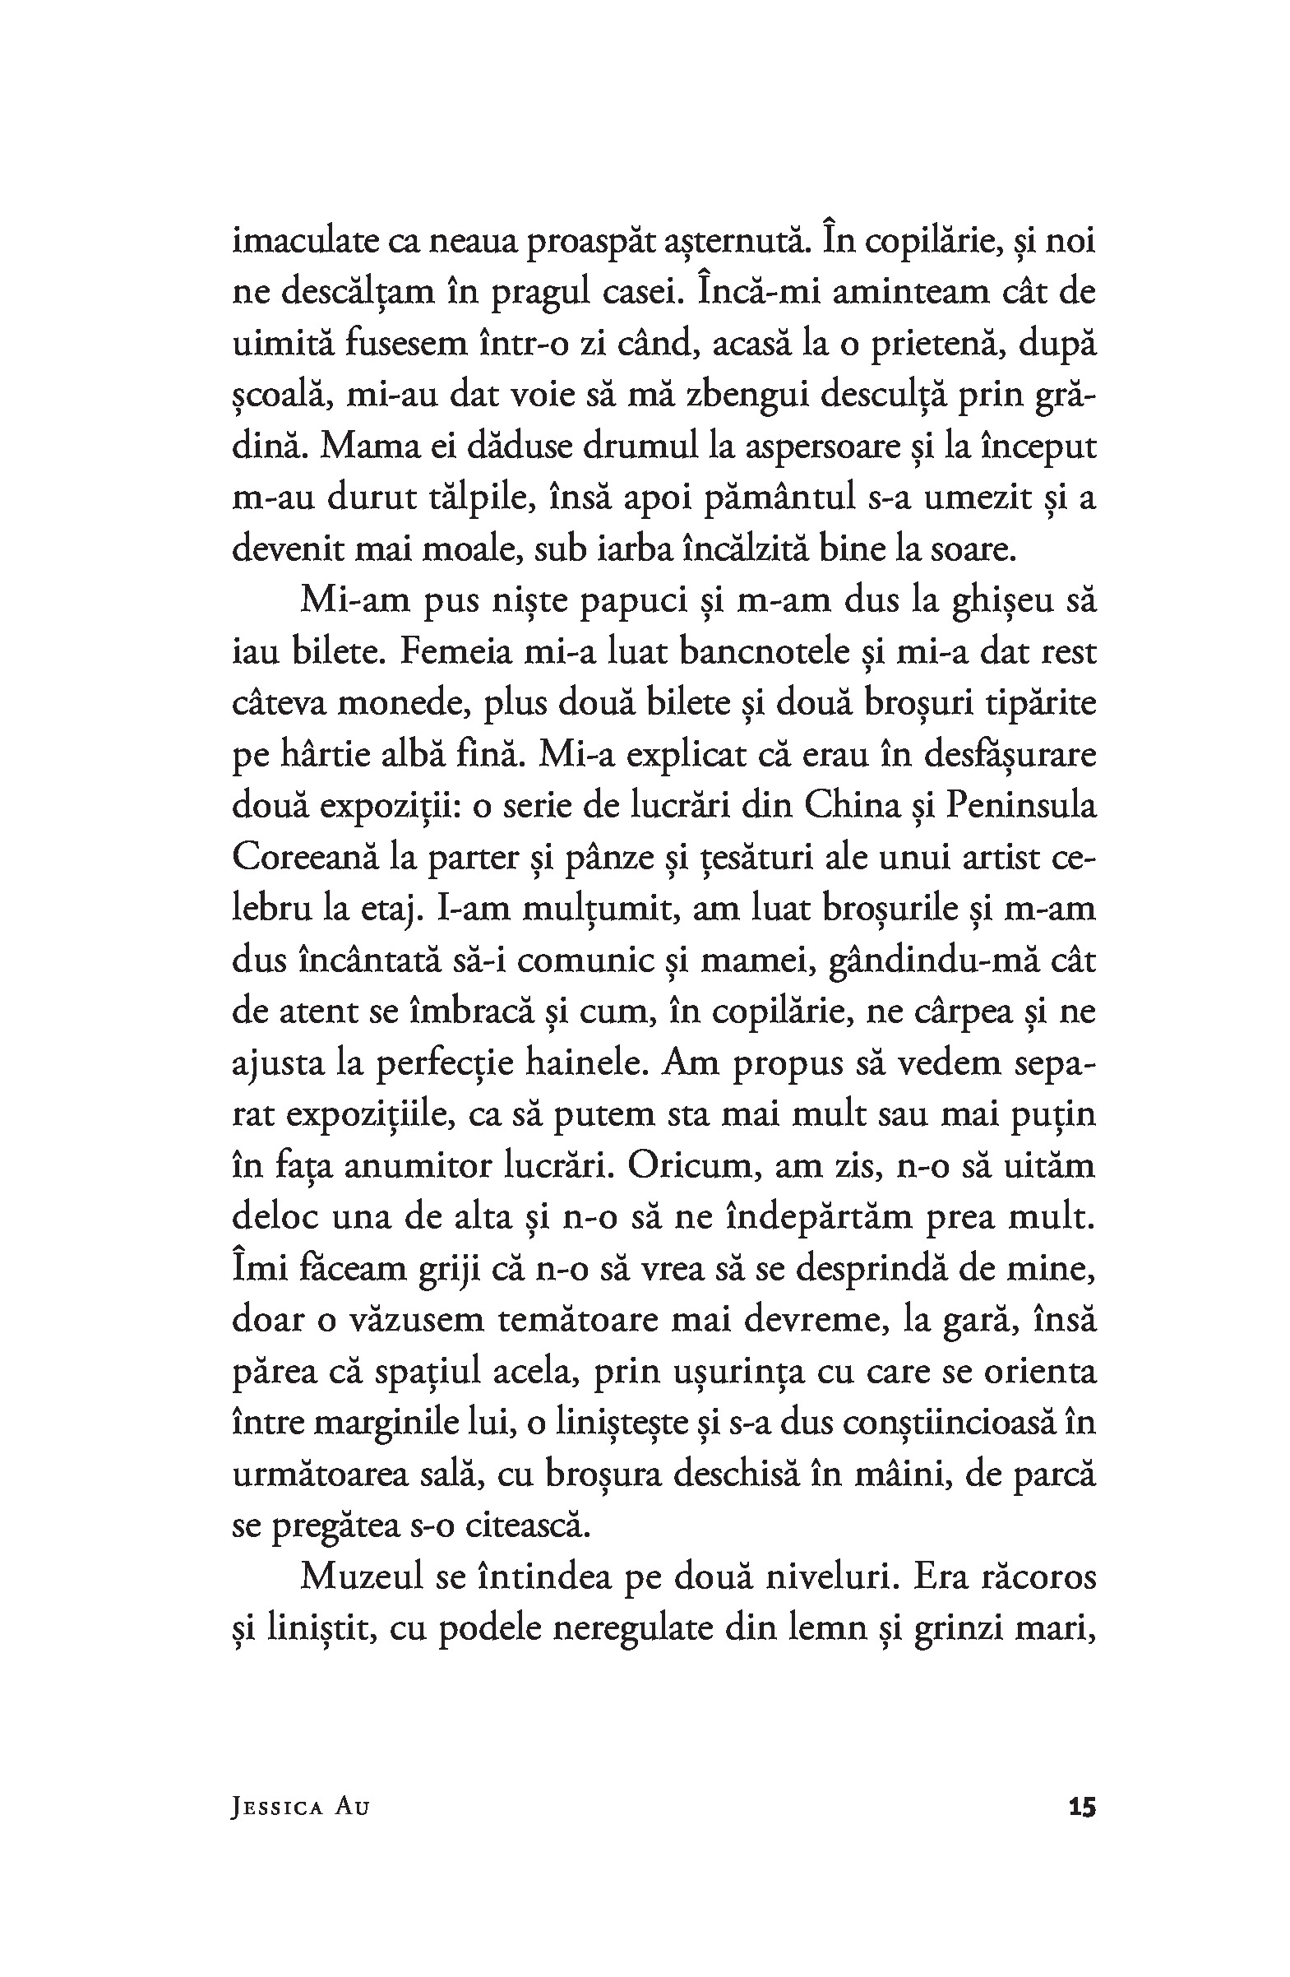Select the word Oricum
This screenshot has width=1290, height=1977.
tap(695, 1166)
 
